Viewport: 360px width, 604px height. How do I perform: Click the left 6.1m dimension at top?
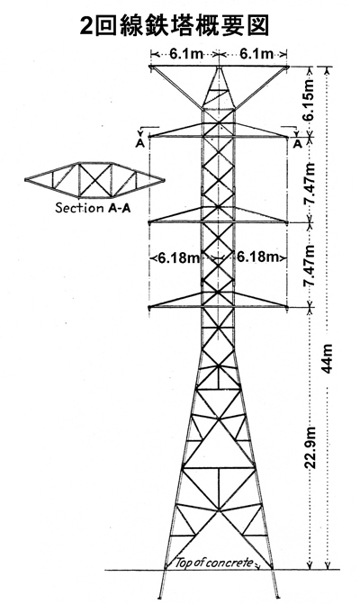pos(186,54)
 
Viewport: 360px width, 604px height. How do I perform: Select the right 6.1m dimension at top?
pos(256,54)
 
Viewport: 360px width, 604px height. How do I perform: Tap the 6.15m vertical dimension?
pos(309,101)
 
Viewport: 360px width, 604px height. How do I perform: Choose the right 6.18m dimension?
pos(257,257)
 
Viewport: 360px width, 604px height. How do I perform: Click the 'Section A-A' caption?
pos(93,208)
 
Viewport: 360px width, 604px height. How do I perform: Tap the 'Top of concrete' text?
pos(214,563)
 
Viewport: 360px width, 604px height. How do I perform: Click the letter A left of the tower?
pos(140,143)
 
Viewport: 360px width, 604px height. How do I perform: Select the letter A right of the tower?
pos(297,143)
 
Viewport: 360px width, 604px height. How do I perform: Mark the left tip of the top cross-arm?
pos(151,68)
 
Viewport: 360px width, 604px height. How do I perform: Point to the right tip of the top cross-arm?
pos(287,68)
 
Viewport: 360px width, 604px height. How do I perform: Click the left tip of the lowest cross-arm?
pos(149,307)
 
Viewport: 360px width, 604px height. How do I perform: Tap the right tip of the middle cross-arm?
pos(287,221)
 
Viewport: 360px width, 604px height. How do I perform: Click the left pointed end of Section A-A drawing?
pos(26,179)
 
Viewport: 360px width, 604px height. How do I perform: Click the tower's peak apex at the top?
pos(219,68)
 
